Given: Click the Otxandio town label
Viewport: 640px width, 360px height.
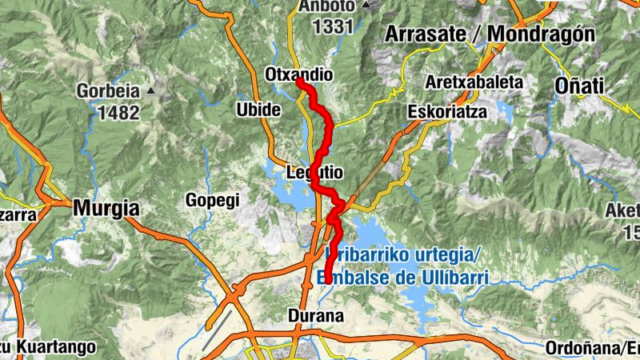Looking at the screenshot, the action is [x=298, y=74].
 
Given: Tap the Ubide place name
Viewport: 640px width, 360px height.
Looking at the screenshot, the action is [x=258, y=109].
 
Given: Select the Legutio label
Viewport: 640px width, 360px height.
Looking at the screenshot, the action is [x=314, y=172].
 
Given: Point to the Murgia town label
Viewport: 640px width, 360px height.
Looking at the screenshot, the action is [x=106, y=209].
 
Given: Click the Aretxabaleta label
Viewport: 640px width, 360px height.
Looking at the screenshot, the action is [x=474, y=82].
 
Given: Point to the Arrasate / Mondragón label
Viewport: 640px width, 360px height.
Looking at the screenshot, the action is [x=490, y=34].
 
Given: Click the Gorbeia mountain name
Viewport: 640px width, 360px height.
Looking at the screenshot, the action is [x=108, y=91].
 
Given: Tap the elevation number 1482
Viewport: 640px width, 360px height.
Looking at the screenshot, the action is [x=118, y=111].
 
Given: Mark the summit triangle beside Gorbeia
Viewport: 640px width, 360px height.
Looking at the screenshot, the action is [x=150, y=91].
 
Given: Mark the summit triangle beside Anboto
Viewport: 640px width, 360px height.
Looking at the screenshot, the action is [x=366, y=5].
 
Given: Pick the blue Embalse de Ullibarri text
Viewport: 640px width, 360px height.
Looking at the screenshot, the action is [x=408, y=278].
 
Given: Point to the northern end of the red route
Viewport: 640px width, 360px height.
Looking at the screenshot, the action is [x=298, y=81].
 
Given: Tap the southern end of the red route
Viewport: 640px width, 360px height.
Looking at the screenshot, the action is [x=327, y=280].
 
